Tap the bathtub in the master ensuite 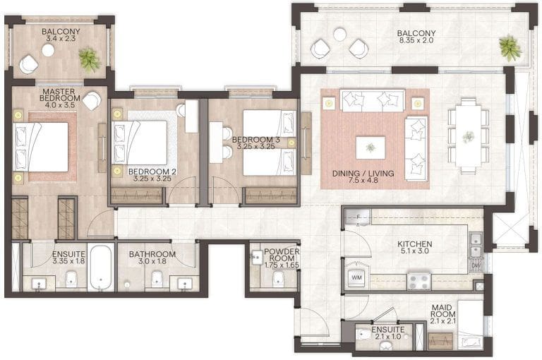[x=100, y=268]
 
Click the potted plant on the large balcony [x=509, y=47]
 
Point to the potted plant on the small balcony [x=90, y=59]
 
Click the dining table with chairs [x=467, y=135]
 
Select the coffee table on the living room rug [x=370, y=148]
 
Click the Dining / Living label [x=363, y=177]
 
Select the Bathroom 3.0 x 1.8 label [x=152, y=259]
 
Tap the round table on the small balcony [x=48, y=50]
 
